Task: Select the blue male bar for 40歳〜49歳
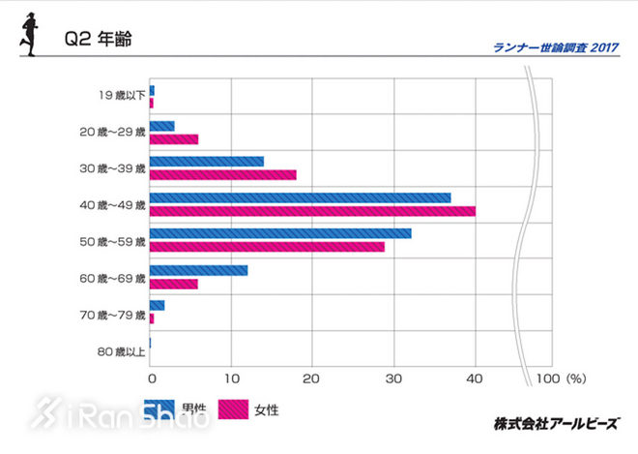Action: point(301,197)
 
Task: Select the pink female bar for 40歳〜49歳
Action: point(312,210)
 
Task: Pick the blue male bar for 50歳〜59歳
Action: point(280,233)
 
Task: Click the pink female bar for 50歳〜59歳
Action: point(267,246)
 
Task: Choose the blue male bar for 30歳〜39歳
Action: point(207,162)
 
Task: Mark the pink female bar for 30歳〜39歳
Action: point(223,174)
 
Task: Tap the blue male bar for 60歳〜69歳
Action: point(199,270)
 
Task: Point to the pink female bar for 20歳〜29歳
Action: point(174,138)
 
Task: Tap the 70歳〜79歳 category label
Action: point(113,314)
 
